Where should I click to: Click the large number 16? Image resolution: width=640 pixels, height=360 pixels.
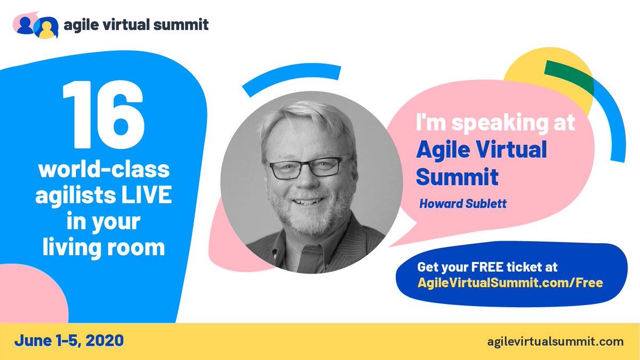click(103, 116)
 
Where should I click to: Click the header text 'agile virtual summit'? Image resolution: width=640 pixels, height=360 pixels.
click(136, 25)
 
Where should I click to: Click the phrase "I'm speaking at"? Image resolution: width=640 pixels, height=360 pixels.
click(495, 124)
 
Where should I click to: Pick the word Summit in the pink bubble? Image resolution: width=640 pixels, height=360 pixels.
click(457, 177)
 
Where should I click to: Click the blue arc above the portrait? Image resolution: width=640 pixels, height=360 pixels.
click(291, 78)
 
